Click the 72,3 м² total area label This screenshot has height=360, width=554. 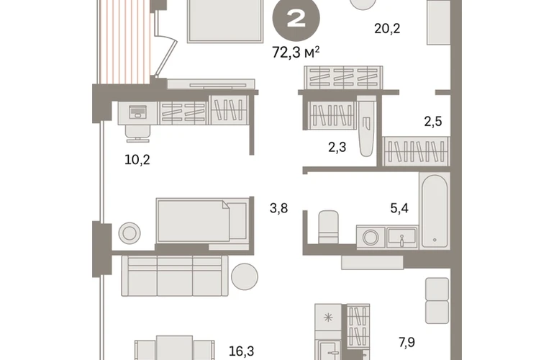coord(296,53)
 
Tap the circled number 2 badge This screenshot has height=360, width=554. coord(296,19)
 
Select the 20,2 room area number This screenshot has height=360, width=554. coord(387,28)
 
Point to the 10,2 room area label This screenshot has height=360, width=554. coord(137,160)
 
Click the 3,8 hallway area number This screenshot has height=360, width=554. coord(278,208)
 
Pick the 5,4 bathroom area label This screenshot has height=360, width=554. coord(399,208)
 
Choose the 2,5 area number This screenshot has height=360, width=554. coord(433,122)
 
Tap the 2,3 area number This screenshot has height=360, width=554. coord(337,147)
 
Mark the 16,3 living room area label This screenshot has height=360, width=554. coord(241,351)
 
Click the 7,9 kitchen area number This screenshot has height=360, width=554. coord(407,342)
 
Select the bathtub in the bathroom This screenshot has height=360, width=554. coord(435,211)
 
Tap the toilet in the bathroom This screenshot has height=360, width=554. coord(328,227)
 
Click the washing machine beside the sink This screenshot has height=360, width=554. coord(371,238)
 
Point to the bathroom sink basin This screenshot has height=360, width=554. coord(402,238)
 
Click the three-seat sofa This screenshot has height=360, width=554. coord(175,276)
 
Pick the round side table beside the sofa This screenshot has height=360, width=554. coord(245,276)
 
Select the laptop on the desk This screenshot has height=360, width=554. coord(137,112)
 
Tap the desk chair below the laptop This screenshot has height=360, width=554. coord(138,133)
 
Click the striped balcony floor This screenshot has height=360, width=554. coord(125,42)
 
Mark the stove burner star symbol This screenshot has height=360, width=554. coord(328,318)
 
